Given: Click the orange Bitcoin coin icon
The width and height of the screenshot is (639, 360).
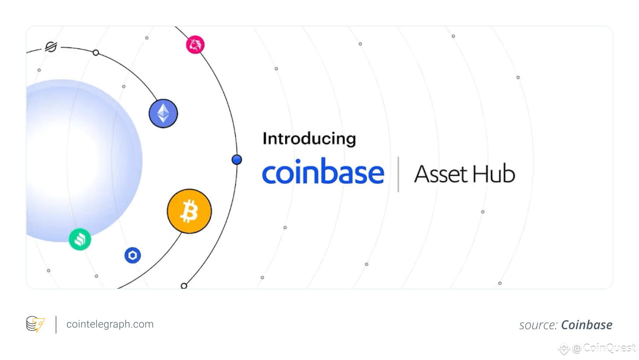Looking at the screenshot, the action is (189, 212).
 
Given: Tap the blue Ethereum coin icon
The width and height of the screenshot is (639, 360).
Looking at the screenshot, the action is (163, 114).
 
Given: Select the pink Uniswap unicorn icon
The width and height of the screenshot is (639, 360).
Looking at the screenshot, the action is (195, 45).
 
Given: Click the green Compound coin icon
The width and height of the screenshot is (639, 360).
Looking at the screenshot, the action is (80, 239).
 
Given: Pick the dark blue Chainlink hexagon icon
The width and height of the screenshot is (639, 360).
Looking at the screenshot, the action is (133, 255).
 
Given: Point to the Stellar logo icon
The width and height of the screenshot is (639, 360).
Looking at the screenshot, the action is (51, 47).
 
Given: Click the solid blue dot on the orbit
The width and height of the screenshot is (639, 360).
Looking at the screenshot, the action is (237, 160).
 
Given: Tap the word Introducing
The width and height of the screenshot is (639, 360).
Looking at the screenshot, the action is (309, 139).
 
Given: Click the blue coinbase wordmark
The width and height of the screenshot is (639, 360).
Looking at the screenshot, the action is (323, 171).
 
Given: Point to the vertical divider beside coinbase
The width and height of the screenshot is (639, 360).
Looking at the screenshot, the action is (398, 174).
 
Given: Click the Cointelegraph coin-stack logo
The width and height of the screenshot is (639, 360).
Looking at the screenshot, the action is (35, 324).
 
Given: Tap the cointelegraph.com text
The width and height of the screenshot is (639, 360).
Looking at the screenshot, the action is (110, 324).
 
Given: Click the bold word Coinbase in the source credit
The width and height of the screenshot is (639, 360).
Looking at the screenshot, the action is (587, 325).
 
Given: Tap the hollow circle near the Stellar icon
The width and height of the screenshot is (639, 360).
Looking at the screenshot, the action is (96, 53).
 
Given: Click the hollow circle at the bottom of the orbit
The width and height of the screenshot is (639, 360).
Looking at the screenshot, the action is (184, 286).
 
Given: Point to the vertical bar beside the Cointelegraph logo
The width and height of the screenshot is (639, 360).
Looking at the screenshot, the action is (56, 324).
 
